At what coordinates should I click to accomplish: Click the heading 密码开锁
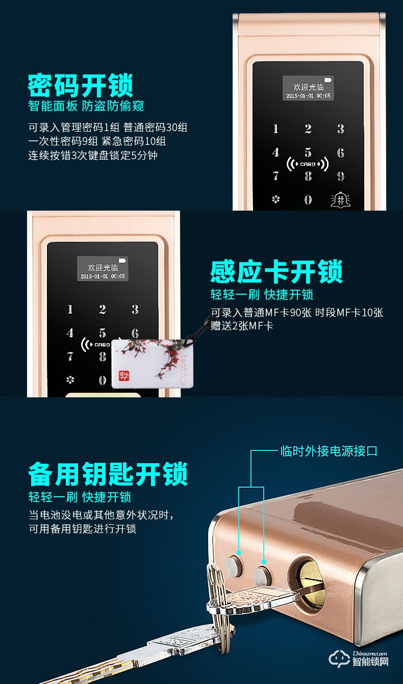[81, 85]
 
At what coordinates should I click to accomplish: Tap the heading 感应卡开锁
[276, 271]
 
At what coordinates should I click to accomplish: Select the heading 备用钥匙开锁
[108, 474]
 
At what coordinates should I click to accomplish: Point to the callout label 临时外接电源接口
[329, 451]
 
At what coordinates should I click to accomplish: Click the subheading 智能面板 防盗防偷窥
[86, 106]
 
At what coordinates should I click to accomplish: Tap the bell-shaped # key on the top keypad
[340, 199]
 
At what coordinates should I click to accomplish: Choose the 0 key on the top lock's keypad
[308, 199]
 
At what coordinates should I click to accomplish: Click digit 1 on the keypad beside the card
[70, 310]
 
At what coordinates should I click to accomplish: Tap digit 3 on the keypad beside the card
[135, 309]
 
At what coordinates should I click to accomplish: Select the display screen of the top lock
[308, 88]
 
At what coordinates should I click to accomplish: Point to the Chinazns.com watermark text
[370, 653]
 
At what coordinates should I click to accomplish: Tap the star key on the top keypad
[276, 199]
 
